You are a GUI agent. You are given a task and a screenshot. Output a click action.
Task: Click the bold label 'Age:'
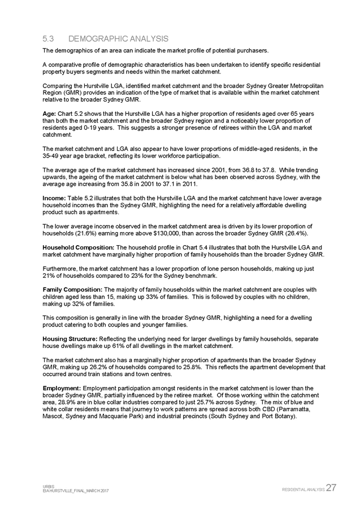(x=49, y=114)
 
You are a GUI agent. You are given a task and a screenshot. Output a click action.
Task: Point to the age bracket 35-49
(x=52, y=155)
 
